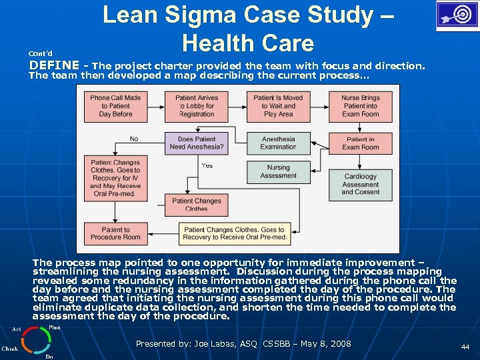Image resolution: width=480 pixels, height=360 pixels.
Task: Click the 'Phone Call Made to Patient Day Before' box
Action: [115, 106]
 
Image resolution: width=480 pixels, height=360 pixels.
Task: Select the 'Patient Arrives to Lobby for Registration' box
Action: [197, 106]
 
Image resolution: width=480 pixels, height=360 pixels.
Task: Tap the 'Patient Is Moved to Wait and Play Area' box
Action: [278, 106]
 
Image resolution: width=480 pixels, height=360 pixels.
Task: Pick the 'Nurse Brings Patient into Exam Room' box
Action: [360, 106]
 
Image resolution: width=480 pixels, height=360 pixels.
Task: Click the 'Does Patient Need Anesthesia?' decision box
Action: [197, 143]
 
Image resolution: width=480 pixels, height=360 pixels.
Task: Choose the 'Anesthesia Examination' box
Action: [278, 143]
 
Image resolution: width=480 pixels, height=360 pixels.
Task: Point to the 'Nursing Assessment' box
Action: [278, 172]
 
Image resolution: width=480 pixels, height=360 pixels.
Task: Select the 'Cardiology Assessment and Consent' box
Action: [360, 184]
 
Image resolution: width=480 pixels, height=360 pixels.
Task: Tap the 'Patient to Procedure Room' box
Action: [115, 233]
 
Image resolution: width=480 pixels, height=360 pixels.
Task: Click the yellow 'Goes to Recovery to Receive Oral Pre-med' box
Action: [235, 233]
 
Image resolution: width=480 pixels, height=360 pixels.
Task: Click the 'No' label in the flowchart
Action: [134, 139]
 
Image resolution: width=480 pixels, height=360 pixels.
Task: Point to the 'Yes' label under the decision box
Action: [207, 165]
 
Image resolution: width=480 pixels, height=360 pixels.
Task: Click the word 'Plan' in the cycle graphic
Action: [55, 327]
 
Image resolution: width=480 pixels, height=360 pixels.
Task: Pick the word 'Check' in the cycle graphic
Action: [10, 349]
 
